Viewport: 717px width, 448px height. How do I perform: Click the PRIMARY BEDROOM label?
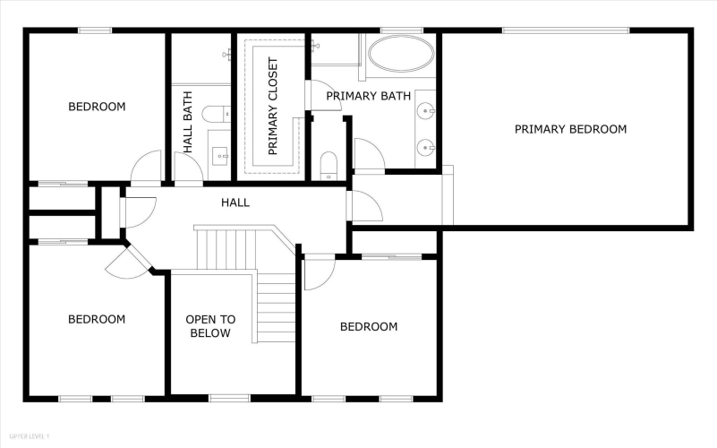[570, 129]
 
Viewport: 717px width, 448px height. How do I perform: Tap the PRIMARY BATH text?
[368, 96]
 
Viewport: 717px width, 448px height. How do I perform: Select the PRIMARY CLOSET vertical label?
[273, 106]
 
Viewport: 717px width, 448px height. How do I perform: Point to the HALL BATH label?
[187, 122]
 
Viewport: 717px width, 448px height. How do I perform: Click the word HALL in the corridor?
[235, 202]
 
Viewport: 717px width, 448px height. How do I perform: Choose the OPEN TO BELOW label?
[210, 326]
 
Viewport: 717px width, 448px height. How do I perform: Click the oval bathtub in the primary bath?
[401, 54]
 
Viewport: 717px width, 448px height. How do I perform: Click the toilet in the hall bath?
[216, 114]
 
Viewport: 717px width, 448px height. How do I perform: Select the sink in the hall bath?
[221, 156]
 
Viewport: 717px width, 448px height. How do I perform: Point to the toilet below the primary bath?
[329, 166]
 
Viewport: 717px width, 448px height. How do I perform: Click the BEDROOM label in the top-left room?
[97, 107]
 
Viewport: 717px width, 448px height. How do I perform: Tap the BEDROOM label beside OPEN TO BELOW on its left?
[97, 319]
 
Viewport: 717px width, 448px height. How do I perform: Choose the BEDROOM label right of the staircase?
[369, 326]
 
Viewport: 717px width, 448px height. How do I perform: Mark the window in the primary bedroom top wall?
[566, 30]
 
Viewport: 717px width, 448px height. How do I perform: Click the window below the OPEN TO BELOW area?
[229, 399]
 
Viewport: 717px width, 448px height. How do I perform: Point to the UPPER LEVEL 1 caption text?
[29, 436]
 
